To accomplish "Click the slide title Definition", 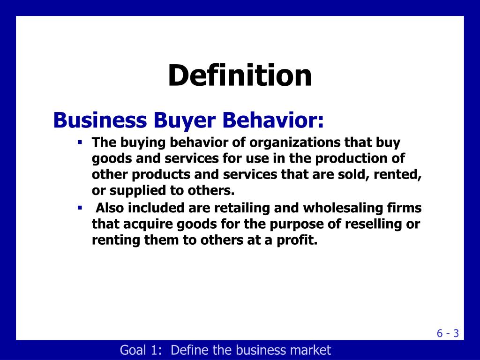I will [x=240, y=75].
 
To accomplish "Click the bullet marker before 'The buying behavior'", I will [x=80, y=142].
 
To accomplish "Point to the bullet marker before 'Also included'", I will [x=80, y=207].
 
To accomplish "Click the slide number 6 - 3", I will [x=448, y=333].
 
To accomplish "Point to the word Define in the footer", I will [x=190, y=350].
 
